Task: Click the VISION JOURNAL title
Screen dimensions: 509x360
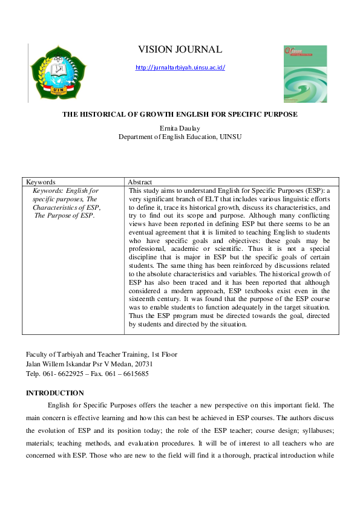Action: click(180, 50)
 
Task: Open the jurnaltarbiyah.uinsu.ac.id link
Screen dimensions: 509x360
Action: click(180, 68)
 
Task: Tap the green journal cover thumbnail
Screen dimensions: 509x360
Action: click(305, 74)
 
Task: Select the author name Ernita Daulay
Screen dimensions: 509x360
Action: click(180, 129)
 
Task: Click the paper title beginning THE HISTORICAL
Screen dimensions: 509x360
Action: click(180, 114)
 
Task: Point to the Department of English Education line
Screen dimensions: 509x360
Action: click(180, 137)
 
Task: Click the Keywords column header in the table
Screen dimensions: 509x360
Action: click(41, 181)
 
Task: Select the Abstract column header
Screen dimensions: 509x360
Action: click(140, 181)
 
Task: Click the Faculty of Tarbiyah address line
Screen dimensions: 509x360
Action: click(101, 355)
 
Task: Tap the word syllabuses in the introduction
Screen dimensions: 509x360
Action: click(313, 430)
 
